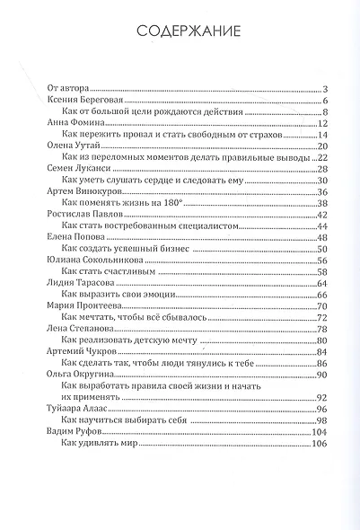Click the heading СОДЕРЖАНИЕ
pyautogui.click(x=188, y=33)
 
